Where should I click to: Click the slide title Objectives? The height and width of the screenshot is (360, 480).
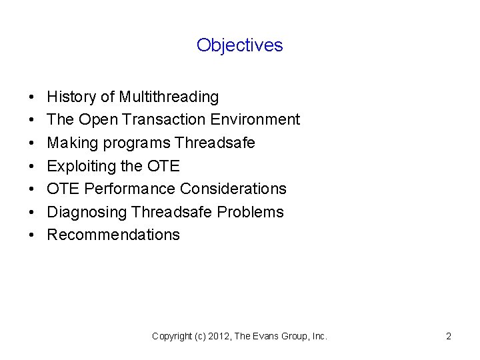[240, 45]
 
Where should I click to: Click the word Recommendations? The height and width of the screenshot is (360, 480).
[113, 235]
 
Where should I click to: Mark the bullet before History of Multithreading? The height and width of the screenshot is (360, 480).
[33, 98]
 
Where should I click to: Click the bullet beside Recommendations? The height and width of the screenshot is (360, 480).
[33, 235]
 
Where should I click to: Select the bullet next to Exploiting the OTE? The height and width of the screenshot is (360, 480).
[33, 167]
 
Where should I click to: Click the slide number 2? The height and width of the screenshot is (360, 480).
[449, 337]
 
